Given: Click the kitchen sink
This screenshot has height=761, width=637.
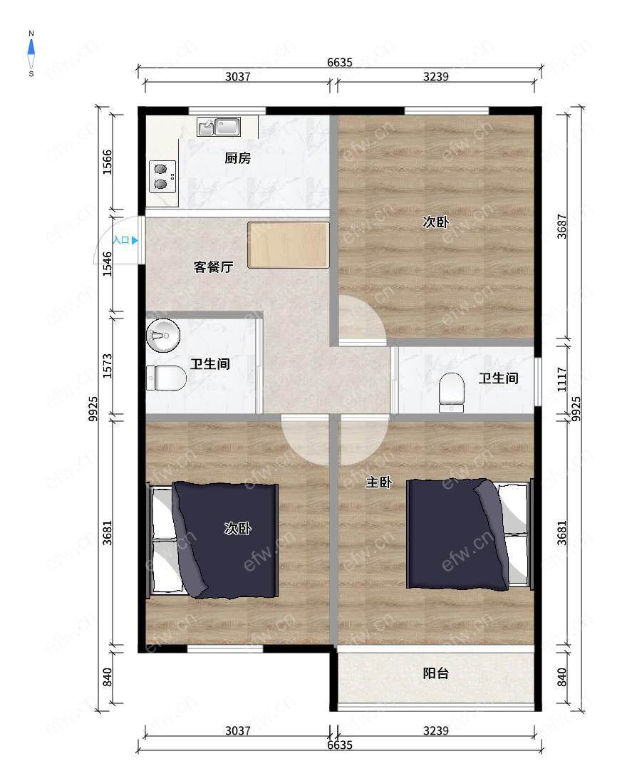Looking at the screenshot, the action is pyautogui.click(x=219, y=127).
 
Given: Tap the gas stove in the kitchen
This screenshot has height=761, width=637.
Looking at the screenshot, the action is pyautogui.click(x=162, y=177).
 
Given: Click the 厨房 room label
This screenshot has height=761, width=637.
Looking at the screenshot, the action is pyautogui.click(x=238, y=158).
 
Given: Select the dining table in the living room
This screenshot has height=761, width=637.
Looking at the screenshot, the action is pyautogui.click(x=289, y=245).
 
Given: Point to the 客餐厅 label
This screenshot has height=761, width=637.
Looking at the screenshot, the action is pyautogui.click(x=214, y=267).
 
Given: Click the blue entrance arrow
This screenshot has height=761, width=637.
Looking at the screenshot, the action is pyautogui.click(x=135, y=240).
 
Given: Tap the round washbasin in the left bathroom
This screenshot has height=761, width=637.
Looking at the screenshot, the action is pyautogui.click(x=163, y=336).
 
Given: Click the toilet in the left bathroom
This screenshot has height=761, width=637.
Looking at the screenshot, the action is pyautogui.click(x=167, y=378).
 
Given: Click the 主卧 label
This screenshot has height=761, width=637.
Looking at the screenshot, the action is pyautogui.click(x=379, y=482).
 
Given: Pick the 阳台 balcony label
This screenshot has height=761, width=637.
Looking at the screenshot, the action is pyautogui.click(x=435, y=673).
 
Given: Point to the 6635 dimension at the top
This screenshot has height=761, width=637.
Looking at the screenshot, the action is pyautogui.click(x=340, y=62).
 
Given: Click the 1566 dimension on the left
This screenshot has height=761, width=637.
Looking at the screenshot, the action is pyautogui.click(x=107, y=162).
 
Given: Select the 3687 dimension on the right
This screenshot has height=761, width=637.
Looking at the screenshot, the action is pyautogui.click(x=561, y=226).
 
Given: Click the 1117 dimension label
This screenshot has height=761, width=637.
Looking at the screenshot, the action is pyautogui.click(x=561, y=380).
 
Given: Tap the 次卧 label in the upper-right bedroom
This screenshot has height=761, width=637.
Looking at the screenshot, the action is pyautogui.click(x=435, y=222).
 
